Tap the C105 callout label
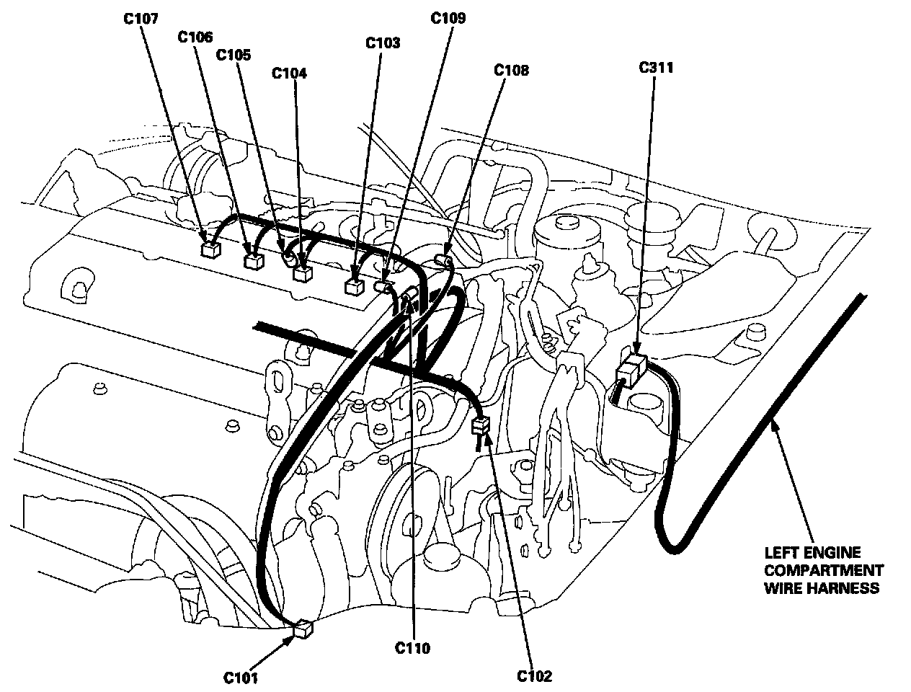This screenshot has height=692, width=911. [234, 55]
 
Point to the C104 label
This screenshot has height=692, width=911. [290, 73]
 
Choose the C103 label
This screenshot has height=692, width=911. [383, 43]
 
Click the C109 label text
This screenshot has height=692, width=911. [448, 18]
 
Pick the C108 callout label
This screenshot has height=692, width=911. [511, 70]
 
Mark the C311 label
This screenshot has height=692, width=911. [656, 68]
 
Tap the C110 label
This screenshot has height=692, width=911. [412, 648]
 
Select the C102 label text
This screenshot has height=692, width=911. [534, 676]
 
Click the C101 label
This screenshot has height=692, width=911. [240, 677]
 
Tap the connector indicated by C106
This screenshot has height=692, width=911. [253, 260]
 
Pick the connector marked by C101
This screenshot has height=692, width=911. [304, 629]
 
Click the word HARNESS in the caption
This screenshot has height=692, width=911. [850, 587]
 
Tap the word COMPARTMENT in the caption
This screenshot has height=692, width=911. [824, 570]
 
